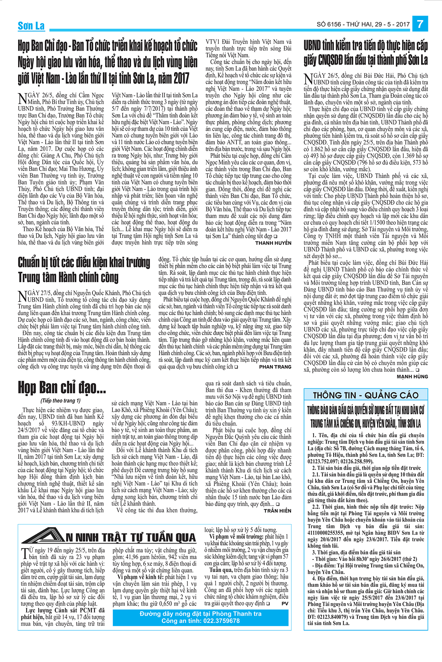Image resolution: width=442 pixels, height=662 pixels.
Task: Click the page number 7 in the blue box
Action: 420,24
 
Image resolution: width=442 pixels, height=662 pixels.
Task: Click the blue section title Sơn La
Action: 31,26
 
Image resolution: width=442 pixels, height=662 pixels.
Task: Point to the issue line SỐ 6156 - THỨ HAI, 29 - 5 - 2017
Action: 363,25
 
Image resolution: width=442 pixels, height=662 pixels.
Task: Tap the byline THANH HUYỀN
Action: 273,243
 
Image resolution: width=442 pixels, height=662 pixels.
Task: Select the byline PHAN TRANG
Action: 275,367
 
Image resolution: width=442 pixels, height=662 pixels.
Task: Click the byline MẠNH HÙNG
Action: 412,377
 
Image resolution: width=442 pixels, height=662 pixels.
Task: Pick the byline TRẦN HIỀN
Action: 277,511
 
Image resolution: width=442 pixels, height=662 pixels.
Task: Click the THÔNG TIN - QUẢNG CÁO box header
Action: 366,395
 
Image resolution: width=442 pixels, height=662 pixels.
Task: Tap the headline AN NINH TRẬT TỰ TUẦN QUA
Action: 131,538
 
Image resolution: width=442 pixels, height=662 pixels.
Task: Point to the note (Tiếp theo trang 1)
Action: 60,401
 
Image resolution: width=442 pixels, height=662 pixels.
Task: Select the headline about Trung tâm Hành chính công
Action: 84,270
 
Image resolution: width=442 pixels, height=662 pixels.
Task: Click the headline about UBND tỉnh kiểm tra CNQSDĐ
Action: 366,53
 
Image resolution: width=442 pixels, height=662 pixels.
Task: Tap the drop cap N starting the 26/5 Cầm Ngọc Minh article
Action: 22,98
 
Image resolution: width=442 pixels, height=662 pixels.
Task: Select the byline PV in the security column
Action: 285,604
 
